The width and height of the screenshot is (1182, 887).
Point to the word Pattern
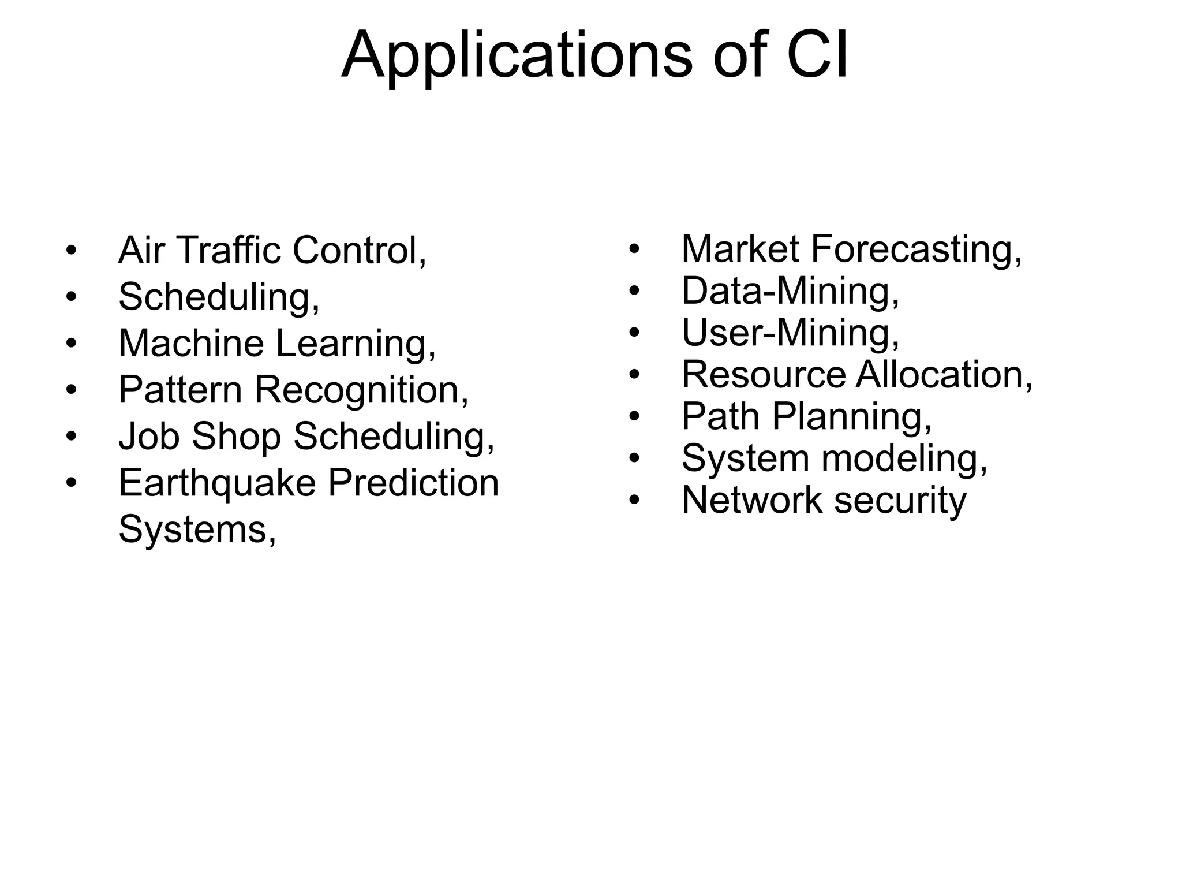coord(180,390)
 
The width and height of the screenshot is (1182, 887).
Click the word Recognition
coord(361,391)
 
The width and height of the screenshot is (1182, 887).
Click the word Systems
coord(193,530)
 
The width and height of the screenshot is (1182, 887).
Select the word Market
coord(739,249)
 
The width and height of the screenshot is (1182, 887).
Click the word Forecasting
coord(916,250)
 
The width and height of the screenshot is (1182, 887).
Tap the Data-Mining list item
coord(790,291)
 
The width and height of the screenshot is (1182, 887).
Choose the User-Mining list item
coord(790,333)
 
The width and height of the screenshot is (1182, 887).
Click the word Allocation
coord(944,375)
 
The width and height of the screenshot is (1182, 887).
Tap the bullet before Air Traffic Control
coord(70,251)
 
